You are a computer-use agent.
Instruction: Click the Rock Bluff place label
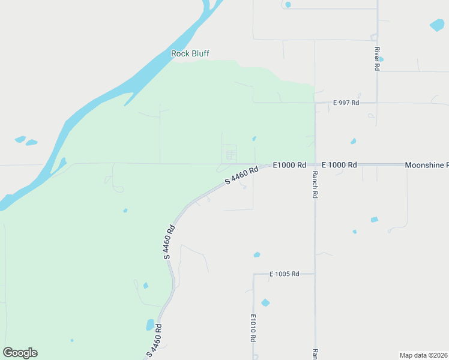[190, 53]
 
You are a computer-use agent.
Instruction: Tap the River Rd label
[377, 59]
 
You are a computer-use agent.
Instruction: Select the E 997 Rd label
[346, 103]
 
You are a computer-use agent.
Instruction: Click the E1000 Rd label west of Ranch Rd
[289, 165]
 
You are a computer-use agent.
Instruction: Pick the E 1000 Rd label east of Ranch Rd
[339, 165]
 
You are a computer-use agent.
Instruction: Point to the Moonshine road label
[426, 165]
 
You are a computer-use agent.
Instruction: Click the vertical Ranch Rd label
[315, 185]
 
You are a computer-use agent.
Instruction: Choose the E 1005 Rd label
[284, 274]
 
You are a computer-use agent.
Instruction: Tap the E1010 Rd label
[253, 328]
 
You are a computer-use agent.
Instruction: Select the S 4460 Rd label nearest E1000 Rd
[241, 175]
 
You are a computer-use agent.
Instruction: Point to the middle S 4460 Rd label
[170, 242]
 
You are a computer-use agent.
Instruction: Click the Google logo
[20, 353]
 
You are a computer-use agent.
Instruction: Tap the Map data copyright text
[423, 355]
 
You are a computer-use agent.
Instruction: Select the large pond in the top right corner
[437, 25]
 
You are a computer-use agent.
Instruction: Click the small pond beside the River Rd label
[381, 59]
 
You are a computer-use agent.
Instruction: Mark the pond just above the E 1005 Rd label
[257, 255]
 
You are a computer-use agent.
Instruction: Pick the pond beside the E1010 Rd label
[265, 302]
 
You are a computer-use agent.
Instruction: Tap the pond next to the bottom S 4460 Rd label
[150, 325]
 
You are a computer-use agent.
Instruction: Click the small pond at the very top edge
[288, 5]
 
